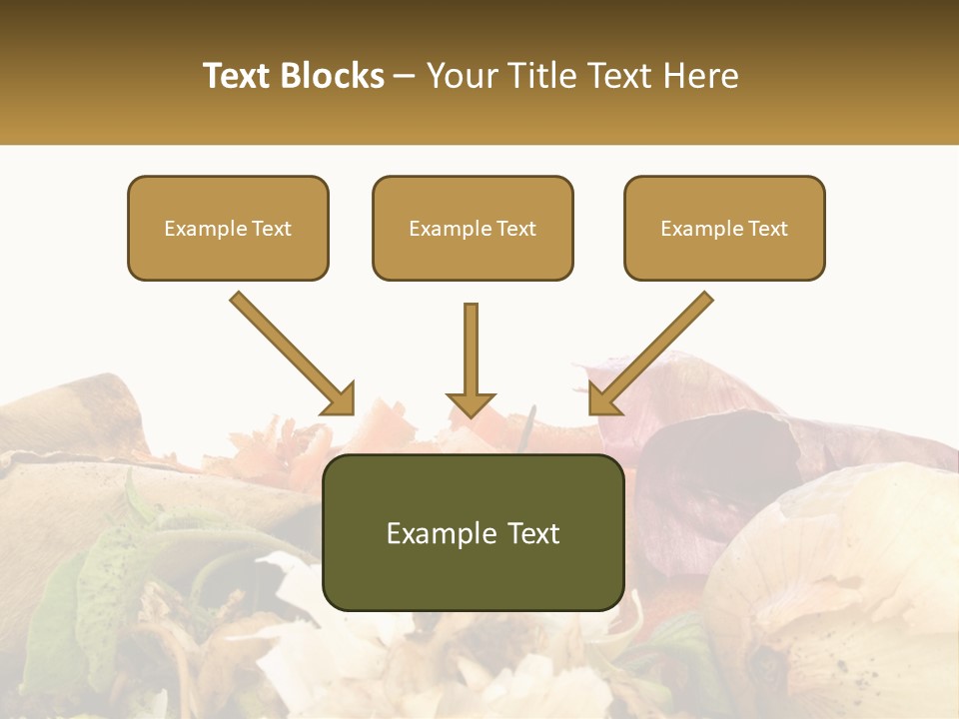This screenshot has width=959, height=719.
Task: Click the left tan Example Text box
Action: click(x=228, y=228)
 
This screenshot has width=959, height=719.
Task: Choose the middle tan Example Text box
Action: click(x=473, y=228)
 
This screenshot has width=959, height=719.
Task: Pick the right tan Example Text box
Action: click(x=724, y=228)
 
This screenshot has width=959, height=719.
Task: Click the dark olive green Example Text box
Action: click(x=474, y=532)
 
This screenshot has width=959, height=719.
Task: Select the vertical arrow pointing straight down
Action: click(x=471, y=350)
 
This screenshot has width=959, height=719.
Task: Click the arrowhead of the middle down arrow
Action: click(x=471, y=403)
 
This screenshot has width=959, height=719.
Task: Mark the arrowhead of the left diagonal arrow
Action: click(x=340, y=399)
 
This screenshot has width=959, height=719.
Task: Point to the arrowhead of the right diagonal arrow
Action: click(x=603, y=399)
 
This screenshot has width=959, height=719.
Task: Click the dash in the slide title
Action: click(x=405, y=76)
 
